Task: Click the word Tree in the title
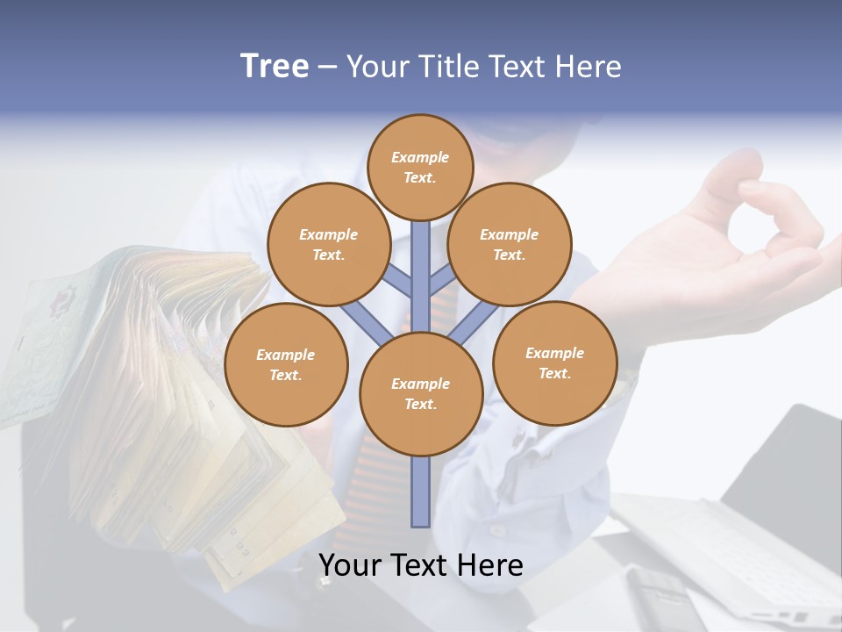point(275,67)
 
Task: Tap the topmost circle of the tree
point(421,167)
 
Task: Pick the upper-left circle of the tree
point(328,244)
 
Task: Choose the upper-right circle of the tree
point(510,244)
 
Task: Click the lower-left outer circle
point(286,364)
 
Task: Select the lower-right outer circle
point(555,363)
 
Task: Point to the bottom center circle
point(421,394)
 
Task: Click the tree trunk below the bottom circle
point(421,492)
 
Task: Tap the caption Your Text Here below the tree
point(421,565)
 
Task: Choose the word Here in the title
point(590,67)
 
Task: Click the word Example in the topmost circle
point(420,157)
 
